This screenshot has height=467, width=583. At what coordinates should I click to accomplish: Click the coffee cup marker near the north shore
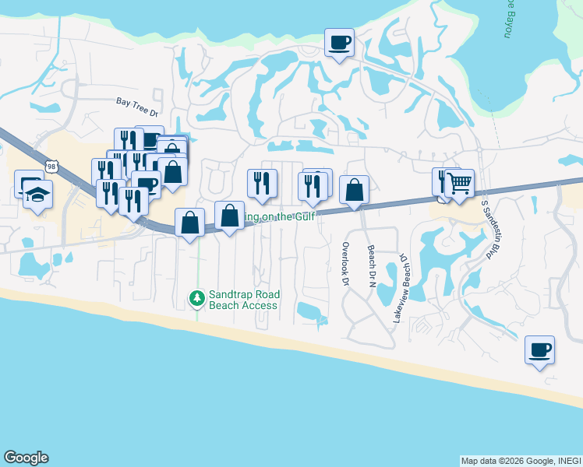tap(339, 42)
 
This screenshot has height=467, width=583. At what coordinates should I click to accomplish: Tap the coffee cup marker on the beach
tap(539, 349)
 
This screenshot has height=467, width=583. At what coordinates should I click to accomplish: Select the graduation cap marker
tap(37, 195)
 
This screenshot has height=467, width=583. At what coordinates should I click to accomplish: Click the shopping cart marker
tap(459, 184)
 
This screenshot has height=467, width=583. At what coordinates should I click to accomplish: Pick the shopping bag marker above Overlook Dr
tap(354, 190)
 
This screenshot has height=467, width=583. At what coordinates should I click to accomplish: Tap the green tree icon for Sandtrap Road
tap(197, 297)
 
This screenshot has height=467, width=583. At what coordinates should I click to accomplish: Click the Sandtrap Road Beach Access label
tap(243, 300)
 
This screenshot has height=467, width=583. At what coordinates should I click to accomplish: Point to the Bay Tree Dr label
tap(136, 101)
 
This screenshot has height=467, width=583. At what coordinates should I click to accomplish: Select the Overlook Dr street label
tap(345, 263)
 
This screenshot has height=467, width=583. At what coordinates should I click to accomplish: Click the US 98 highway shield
tap(51, 167)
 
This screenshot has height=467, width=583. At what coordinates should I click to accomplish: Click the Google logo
tap(25, 458)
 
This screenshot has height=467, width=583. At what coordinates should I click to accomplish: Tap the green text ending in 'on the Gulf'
tap(281, 217)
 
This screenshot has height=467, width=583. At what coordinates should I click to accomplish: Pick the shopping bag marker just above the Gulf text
tap(230, 216)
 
